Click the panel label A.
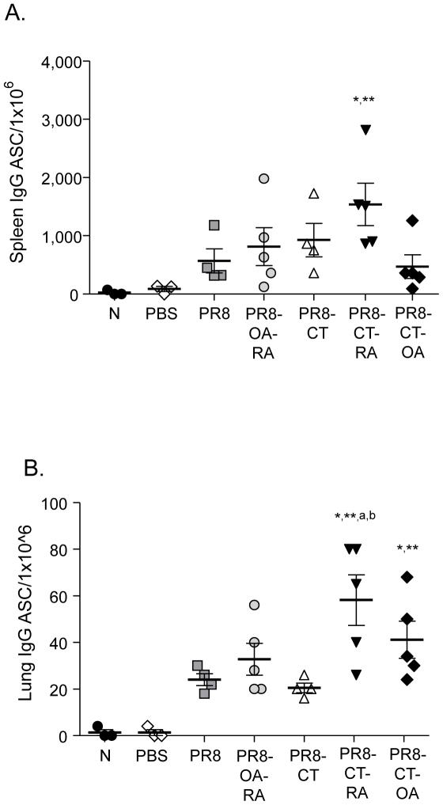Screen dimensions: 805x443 point(15,13)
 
